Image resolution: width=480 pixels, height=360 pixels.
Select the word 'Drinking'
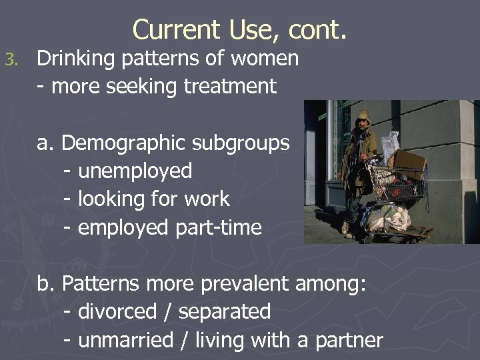coord(76,59)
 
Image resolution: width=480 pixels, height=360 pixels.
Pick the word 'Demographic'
coord(124,143)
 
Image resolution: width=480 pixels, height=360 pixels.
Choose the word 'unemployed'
coord(135,171)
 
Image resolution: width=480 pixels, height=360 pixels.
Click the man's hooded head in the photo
coord(363,119)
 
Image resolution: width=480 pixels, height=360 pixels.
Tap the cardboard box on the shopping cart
coord(409,161)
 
